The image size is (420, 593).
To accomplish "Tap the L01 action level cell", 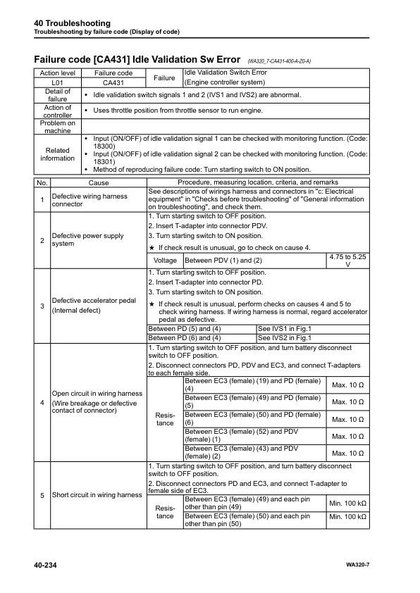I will point(57,82).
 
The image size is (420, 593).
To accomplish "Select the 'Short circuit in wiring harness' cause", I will point(97,494).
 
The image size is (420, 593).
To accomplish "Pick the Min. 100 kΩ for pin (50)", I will point(347,520).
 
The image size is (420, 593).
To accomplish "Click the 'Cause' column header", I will point(99,182).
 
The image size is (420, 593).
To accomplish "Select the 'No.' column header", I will point(42,182).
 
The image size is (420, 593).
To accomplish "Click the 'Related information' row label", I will point(57,154).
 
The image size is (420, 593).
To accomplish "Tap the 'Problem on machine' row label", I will point(57,126).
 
